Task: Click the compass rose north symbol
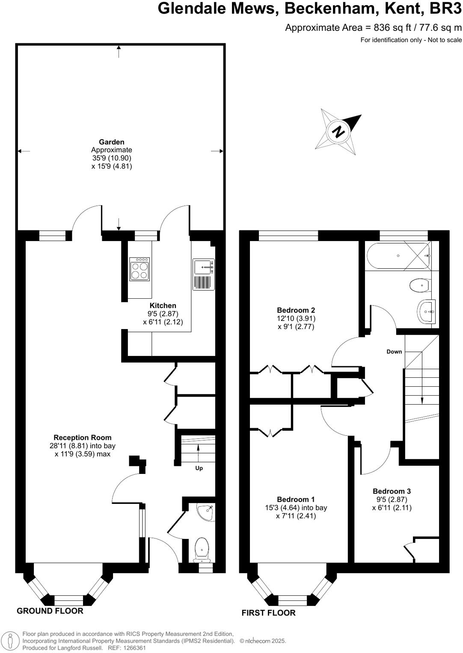pos(338,132)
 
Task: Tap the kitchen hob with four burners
pos(139,269)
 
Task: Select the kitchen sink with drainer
pos(204,274)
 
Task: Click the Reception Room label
pos(83,438)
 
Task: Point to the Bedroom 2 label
pos(296,310)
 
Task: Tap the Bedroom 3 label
pos(392,491)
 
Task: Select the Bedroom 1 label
pos(296,500)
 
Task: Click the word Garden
pos(112,142)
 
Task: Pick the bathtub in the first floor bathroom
pos(398,256)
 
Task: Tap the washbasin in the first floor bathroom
pos(426,312)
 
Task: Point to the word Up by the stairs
pos(199,468)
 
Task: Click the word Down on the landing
pos(394,352)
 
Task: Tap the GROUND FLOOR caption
pos(50,611)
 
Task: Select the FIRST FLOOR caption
pos(268,613)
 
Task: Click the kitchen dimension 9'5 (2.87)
pos(163,314)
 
